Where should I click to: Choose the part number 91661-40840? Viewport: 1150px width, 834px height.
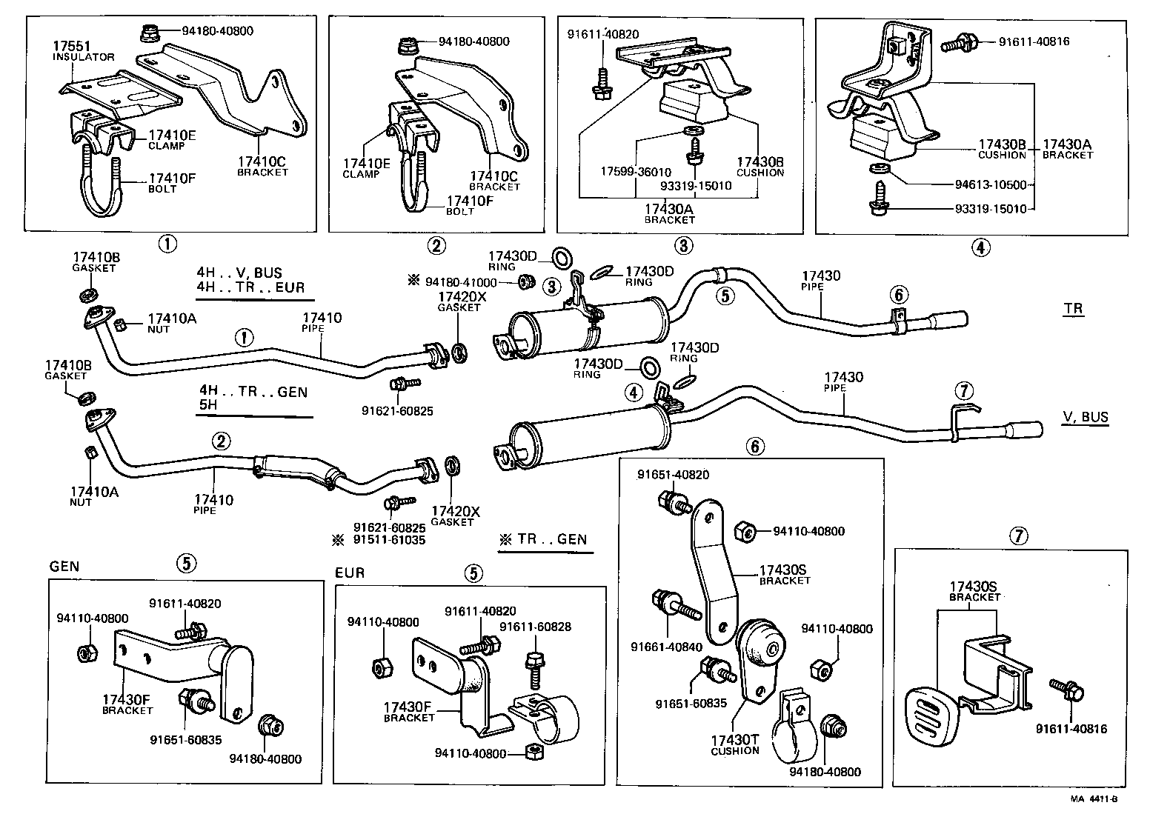click(666, 647)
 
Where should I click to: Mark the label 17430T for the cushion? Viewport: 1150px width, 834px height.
click(734, 740)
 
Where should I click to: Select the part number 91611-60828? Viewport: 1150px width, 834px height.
click(535, 627)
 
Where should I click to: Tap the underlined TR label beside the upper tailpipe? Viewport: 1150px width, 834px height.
click(1074, 309)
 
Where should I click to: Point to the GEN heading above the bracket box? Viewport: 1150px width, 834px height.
click(64, 567)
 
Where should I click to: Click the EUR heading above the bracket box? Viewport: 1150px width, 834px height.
click(350, 573)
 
